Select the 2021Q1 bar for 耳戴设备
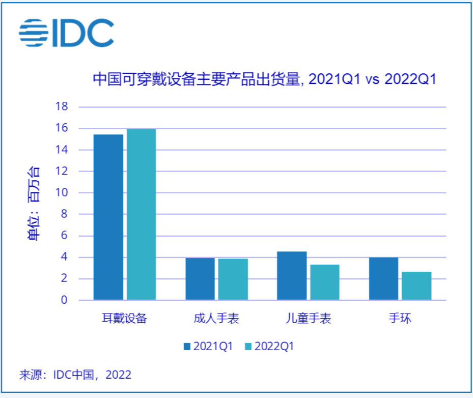pyautogui.click(x=108, y=217)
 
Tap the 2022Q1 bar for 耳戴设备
pyautogui.click(x=141, y=215)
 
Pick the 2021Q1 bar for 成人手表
pyautogui.click(x=200, y=279)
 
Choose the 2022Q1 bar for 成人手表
pyautogui.click(x=233, y=279)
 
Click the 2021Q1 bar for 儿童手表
pyautogui.click(x=292, y=276)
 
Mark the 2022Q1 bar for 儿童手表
pyautogui.click(x=324, y=282)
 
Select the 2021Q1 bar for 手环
pyautogui.click(x=383, y=278)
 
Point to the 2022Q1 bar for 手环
pyautogui.click(x=416, y=286)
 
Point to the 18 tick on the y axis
pyautogui.click(x=62, y=107)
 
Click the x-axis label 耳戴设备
pyautogui.click(x=124, y=319)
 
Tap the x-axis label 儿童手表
pyautogui.click(x=308, y=319)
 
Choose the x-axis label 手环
pyautogui.click(x=400, y=319)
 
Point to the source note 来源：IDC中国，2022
pyautogui.click(x=75, y=375)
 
